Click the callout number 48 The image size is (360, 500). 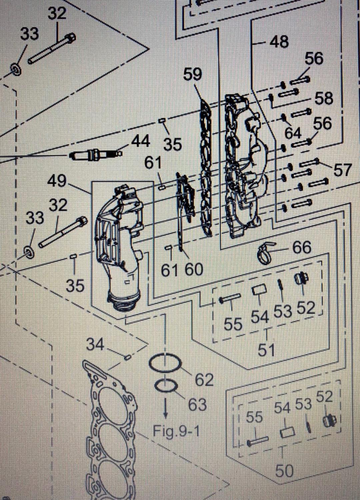pos(279,42)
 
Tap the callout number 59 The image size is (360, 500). pos(192,74)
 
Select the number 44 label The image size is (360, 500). pos(141,141)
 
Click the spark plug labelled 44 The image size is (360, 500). pos(93,155)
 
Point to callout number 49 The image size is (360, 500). pos(57,181)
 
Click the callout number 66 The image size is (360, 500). pos(302,248)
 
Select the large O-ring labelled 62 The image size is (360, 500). pos(165,363)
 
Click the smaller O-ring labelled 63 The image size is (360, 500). pos(166,386)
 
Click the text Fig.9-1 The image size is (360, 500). pos(176,431)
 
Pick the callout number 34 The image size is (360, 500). pos(95,344)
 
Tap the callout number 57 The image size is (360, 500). pos(342,170)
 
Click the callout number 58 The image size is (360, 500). pos(324,98)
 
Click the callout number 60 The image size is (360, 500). pos(194,269)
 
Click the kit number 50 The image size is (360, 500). pos(284,471)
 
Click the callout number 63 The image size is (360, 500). pos(197,405)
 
